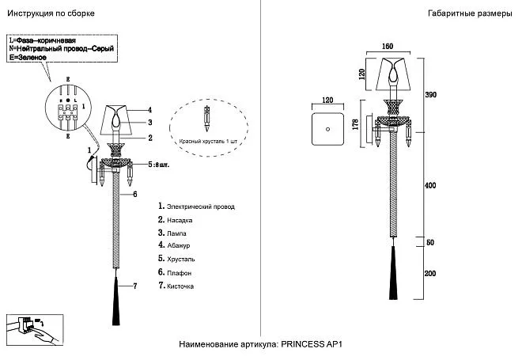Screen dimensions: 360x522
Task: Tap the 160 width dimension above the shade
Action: tap(388, 46)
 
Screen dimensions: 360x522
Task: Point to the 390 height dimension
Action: tap(431, 94)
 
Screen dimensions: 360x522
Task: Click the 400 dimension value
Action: tap(430, 184)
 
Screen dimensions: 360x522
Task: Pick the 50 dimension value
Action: tap(430, 242)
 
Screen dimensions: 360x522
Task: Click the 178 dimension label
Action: tap(355, 127)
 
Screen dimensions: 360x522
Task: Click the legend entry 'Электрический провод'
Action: tap(200, 207)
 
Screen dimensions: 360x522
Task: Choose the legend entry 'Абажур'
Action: tap(180, 245)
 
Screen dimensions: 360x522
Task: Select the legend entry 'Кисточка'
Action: tap(181, 286)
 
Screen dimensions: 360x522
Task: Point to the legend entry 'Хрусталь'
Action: tap(182, 259)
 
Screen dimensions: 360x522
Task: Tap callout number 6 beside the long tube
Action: tap(135, 194)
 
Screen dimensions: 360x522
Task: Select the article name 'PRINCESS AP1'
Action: tap(316, 344)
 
